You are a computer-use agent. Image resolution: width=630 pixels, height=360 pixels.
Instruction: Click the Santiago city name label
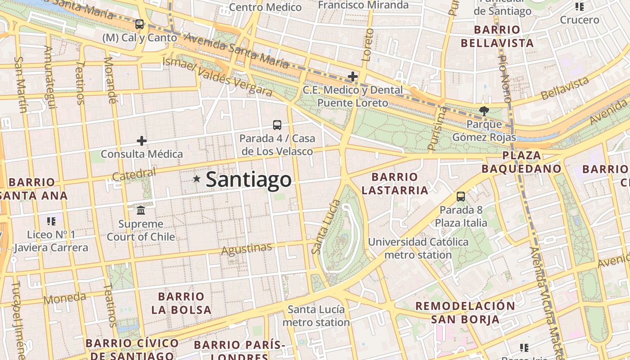(248, 180)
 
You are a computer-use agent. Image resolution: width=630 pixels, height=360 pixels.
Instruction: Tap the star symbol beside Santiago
(197, 179)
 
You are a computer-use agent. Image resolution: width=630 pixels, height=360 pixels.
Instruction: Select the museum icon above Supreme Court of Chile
(141, 210)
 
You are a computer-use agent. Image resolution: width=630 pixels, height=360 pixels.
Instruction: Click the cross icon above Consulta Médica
(142, 141)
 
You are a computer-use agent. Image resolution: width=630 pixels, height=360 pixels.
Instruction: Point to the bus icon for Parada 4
(277, 125)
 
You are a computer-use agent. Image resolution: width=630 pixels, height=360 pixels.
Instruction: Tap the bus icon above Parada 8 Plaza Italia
(461, 196)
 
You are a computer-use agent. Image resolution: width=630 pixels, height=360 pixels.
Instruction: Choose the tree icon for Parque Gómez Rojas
(484, 111)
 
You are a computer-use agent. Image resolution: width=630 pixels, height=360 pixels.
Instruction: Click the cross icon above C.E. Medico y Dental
(353, 76)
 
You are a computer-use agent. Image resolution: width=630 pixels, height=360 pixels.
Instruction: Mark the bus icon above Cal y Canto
(139, 24)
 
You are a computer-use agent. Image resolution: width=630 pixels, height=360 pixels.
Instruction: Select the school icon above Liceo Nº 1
(51, 221)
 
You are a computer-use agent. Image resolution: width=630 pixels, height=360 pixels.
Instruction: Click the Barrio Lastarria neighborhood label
(395, 184)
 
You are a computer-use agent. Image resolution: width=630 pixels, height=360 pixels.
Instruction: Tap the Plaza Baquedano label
(522, 162)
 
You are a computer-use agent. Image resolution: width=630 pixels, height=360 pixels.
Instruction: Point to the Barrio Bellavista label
(497, 36)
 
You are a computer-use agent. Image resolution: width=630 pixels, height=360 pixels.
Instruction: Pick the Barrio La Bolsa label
(181, 303)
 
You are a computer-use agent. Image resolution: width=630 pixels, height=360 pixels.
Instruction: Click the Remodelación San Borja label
(465, 313)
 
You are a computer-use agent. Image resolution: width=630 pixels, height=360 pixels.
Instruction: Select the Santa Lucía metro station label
(316, 316)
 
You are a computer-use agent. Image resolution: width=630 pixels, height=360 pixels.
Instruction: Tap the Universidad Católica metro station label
(418, 248)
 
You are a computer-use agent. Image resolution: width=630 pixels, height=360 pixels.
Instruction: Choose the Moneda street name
(65, 298)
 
